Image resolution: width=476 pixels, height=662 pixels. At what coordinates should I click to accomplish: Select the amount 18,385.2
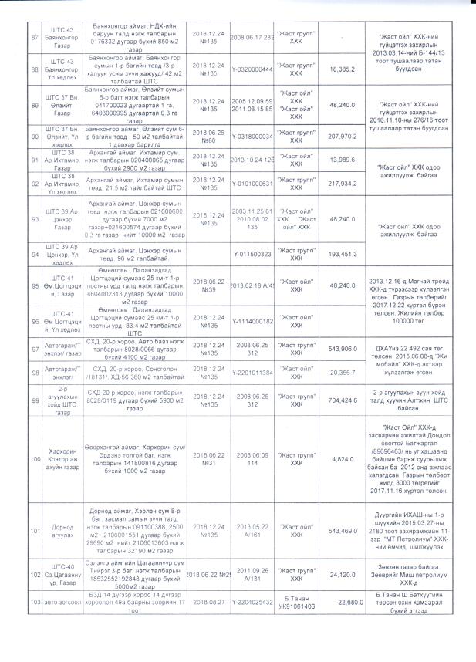(340, 69)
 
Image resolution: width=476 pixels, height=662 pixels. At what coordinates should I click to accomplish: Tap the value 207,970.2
(340, 136)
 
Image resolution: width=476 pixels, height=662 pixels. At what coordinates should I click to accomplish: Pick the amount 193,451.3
(340, 252)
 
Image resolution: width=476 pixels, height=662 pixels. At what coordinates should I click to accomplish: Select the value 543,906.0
(340, 349)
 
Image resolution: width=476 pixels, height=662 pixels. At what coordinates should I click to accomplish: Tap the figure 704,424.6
(340, 401)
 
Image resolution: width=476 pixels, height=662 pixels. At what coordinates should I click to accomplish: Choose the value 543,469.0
(340, 532)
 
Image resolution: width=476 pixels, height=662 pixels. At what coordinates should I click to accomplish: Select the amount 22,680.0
(340, 603)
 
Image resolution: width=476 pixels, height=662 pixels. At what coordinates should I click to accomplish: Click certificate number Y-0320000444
(253, 69)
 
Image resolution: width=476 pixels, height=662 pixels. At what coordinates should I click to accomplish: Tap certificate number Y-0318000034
(253, 136)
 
